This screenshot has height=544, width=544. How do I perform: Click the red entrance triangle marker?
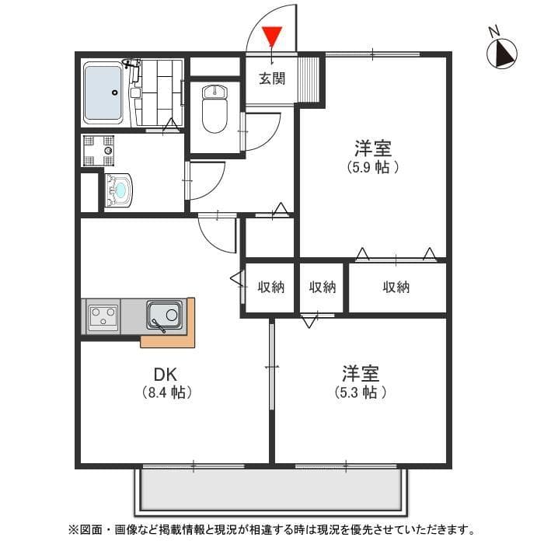click(x=272, y=36)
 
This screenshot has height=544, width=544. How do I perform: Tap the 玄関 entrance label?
click(x=272, y=78)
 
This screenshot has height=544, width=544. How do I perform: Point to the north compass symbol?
click(x=502, y=53)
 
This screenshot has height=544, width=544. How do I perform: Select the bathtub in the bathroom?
click(x=103, y=92)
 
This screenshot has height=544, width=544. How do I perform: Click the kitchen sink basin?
click(x=165, y=316)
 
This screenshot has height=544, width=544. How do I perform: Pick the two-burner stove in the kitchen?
click(x=103, y=316)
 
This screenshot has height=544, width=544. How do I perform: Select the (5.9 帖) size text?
click(x=372, y=166)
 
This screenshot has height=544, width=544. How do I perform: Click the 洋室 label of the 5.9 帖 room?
click(x=372, y=147)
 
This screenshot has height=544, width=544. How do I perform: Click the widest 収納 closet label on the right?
click(x=396, y=288)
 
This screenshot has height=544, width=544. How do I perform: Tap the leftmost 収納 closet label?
click(x=271, y=288)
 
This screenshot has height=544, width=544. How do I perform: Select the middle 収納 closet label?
click(x=323, y=288)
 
